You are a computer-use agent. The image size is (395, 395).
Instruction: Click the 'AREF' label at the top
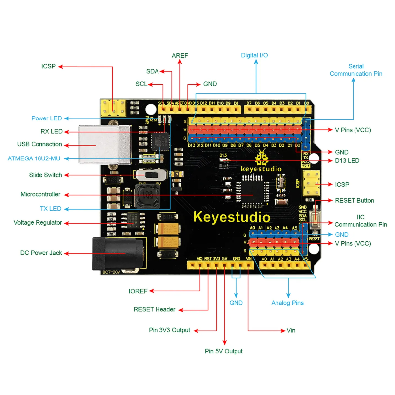180,55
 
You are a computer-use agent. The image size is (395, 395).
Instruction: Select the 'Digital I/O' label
254,55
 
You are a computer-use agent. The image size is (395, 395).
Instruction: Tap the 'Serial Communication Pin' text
356,70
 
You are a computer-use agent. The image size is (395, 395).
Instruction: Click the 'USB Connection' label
39,144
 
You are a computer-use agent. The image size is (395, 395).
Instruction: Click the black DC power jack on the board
118,253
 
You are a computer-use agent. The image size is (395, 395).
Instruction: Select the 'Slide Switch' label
45,175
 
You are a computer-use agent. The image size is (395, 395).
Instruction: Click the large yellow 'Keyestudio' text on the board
232,217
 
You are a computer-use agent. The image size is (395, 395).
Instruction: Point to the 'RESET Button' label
355,200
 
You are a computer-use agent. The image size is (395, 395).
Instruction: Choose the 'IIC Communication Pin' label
360,221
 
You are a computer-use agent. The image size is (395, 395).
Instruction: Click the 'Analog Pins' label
287,303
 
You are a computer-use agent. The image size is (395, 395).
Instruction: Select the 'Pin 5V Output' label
224,351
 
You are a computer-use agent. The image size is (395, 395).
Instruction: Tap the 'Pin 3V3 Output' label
169,330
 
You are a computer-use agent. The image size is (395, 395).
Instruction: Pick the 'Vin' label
291,330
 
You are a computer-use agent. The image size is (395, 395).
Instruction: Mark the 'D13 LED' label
347,161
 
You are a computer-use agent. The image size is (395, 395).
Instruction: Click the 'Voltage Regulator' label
38,223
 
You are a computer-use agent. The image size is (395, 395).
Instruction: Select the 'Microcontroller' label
40,194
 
